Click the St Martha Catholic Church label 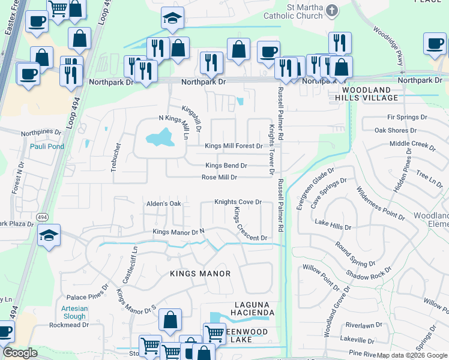[297, 12]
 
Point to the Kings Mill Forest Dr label [234, 146]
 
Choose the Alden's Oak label [164, 204]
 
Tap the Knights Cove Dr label [238, 202]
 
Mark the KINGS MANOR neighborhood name [200, 274]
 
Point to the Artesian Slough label [73, 312]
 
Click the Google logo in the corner [20, 353]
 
